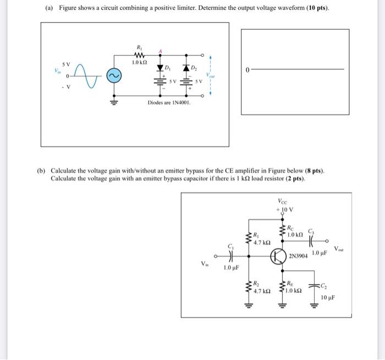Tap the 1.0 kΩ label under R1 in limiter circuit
[x=138, y=63]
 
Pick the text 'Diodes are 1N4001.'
[x=169, y=103]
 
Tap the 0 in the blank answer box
[x=248, y=69]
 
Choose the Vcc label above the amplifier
[x=282, y=201]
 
